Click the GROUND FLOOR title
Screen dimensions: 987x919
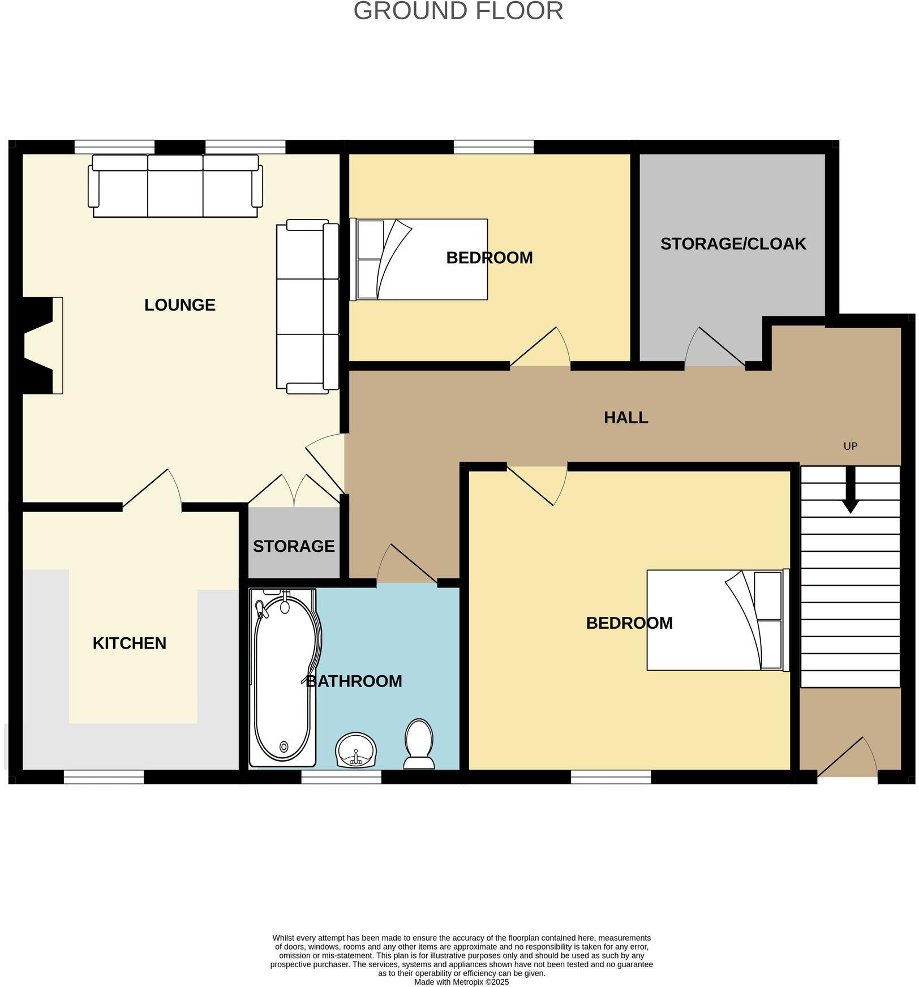(x=458, y=11)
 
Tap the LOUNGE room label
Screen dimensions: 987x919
(x=180, y=305)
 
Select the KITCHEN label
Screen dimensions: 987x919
(x=129, y=643)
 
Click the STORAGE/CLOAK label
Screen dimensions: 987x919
(x=733, y=244)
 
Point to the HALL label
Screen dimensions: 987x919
(x=625, y=418)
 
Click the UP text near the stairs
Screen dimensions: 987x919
(x=850, y=446)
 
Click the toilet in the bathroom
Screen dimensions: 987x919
(x=419, y=744)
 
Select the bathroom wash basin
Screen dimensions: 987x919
(x=356, y=750)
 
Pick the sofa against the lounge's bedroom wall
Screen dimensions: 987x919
(x=307, y=306)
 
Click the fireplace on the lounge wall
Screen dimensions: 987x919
(x=42, y=345)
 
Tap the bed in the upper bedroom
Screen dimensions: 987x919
(x=419, y=259)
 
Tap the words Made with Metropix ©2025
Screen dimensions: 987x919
(x=462, y=982)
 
